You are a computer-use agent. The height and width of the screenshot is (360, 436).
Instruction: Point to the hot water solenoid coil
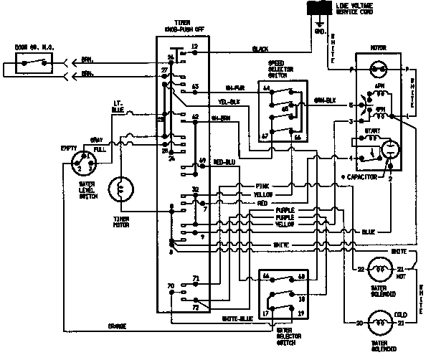(377, 270)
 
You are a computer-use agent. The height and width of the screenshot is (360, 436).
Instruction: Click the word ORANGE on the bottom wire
(117, 326)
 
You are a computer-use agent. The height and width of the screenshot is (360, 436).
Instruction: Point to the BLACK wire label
(260, 49)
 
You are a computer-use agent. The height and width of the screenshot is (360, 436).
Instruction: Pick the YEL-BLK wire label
(229, 102)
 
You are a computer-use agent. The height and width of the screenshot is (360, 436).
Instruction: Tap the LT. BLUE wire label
(118, 106)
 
